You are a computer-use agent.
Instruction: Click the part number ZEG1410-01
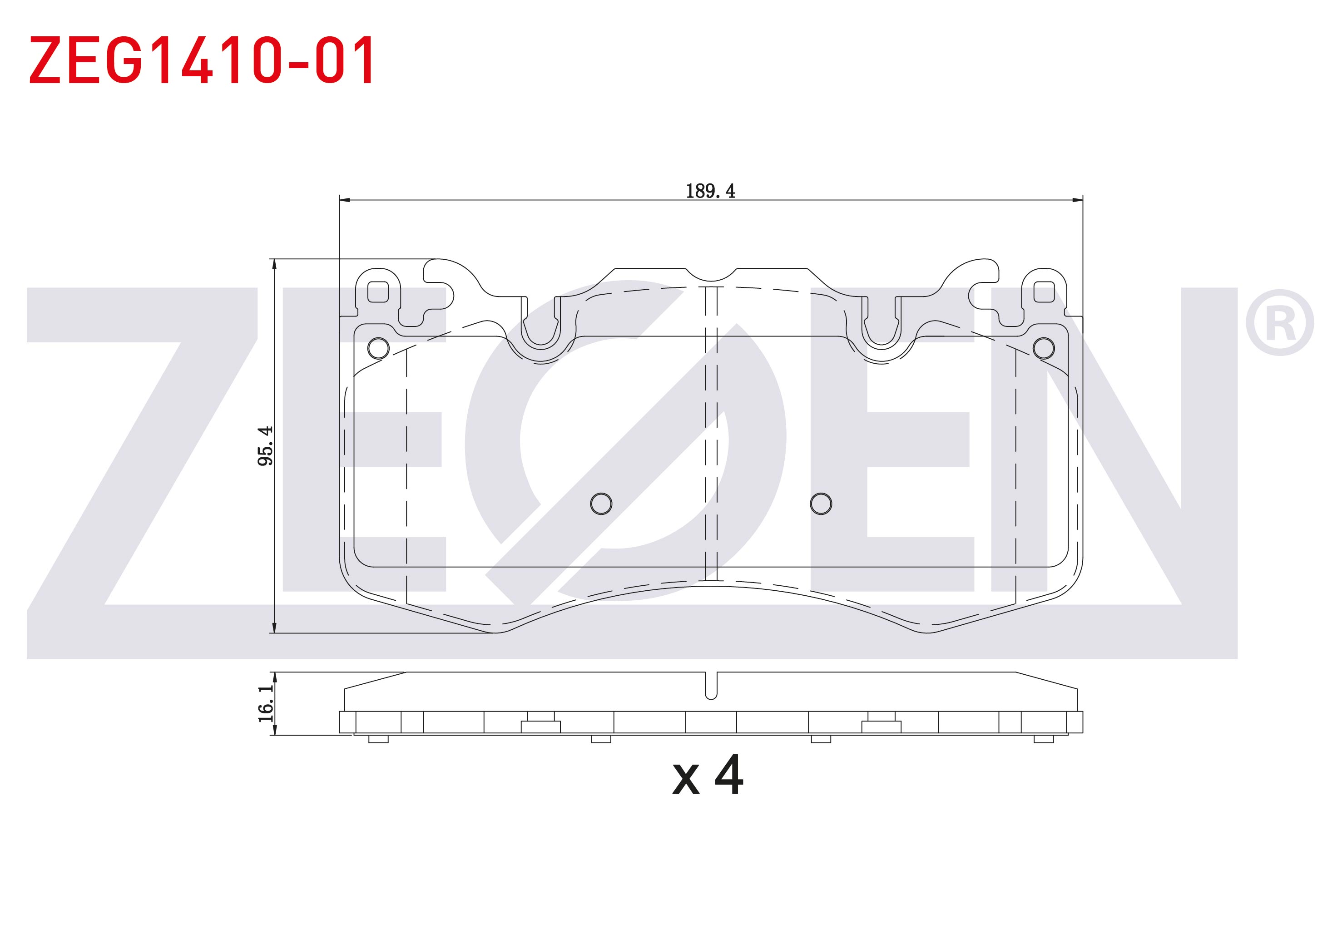202,59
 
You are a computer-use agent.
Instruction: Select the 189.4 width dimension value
710,191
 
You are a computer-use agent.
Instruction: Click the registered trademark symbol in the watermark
1279,322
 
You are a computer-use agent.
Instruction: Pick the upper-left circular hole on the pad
378,348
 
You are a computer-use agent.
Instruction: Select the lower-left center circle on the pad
601,504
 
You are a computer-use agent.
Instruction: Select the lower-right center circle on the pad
821,504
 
